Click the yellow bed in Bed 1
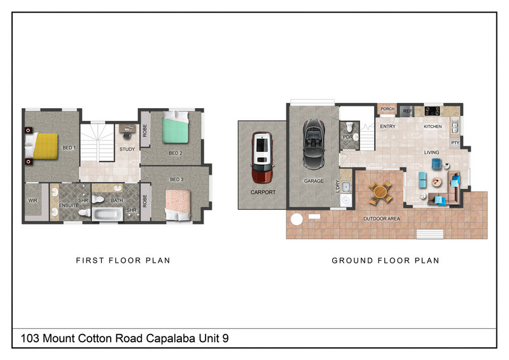(41, 146)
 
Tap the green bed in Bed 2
(176, 127)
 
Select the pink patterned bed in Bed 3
(178, 205)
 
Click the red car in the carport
(262, 157)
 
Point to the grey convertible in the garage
(314, 144)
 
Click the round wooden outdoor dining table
(380, 193)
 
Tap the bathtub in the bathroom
(108, 214)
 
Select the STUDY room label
(127, 149)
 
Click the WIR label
(33, 200)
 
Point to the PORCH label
(387, 109)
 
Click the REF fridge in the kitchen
(407, 111)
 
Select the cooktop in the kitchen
(433, 111)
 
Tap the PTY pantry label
(455, 143)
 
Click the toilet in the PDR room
(349, 127)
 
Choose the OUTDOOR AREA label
(381, 219)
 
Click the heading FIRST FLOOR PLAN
(123, 260)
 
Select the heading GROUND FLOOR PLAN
(386, 260)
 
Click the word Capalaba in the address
(171, 338)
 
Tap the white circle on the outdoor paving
(296, 219)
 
